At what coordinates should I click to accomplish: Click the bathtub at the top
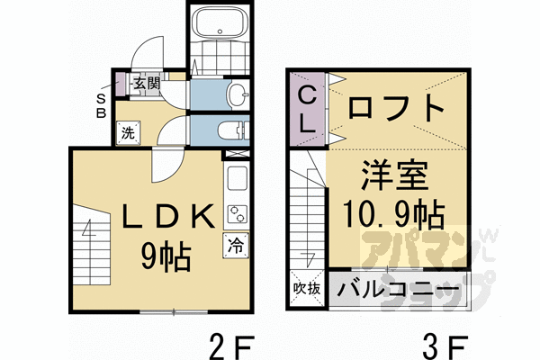[220, 22]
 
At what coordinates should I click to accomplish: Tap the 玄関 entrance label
[147, 84]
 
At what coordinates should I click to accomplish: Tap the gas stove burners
[238, 214]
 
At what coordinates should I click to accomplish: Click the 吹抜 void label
[308, 290]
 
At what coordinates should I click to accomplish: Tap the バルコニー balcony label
[396, 291]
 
